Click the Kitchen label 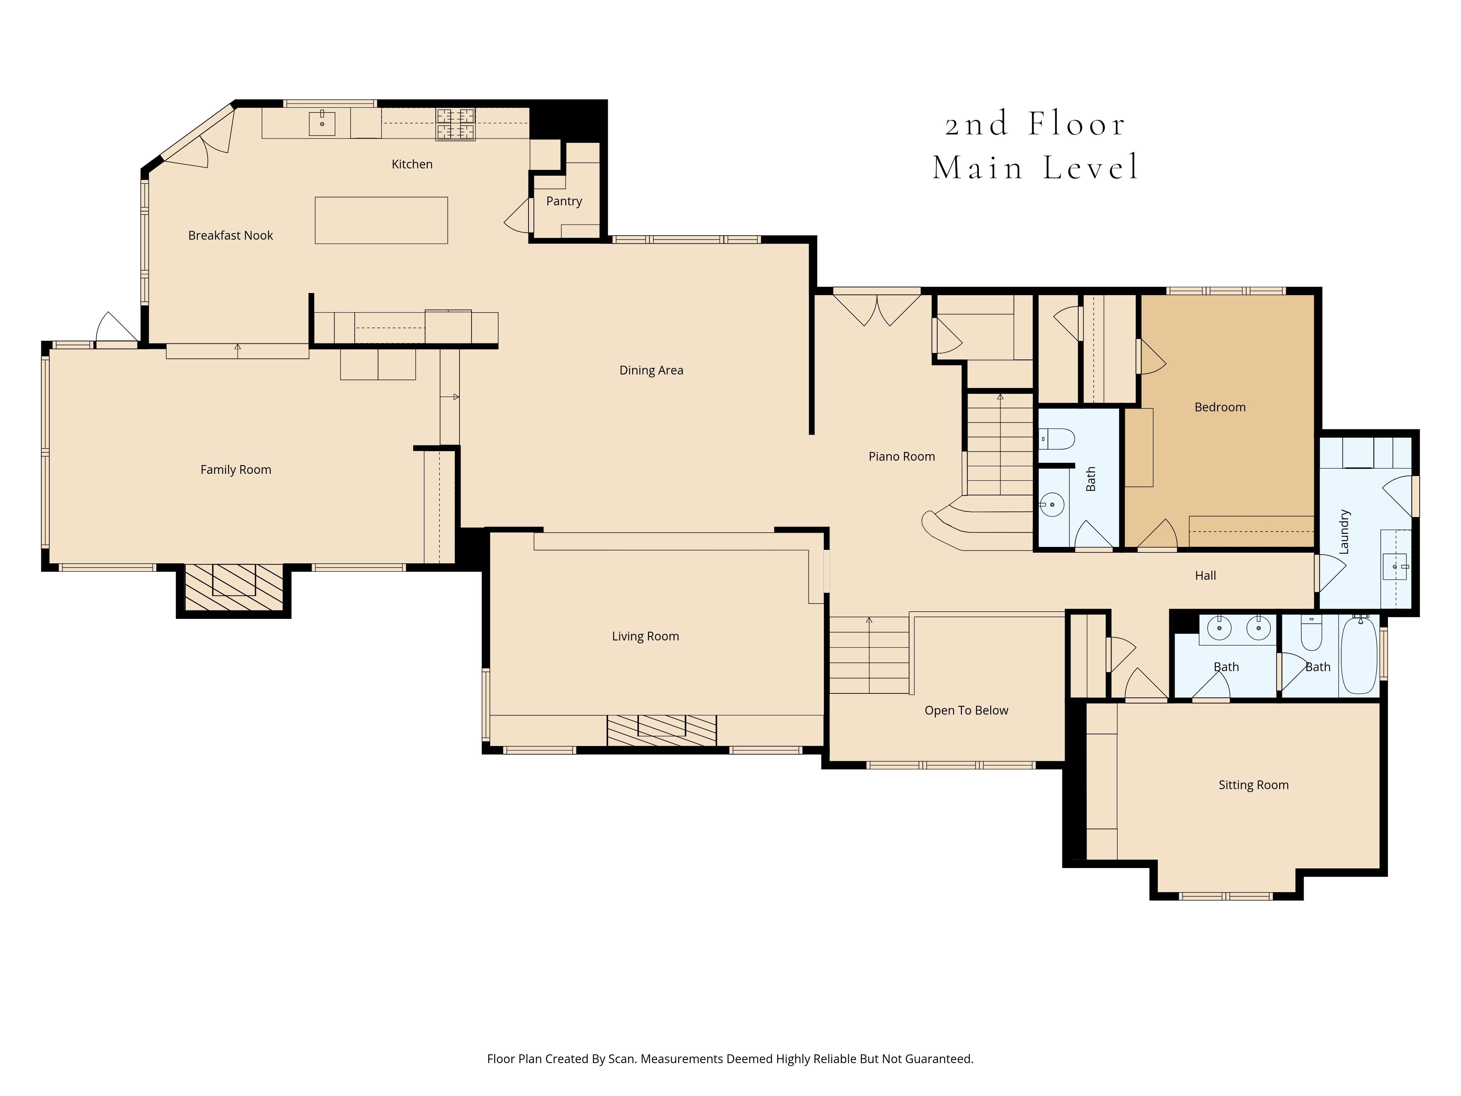coord(412,164)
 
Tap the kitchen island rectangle coord(381,220)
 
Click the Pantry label coord(564,201)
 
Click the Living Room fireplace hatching coord(661,730)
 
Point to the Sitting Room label coord(1253,785)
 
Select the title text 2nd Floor coord(1035,124)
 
